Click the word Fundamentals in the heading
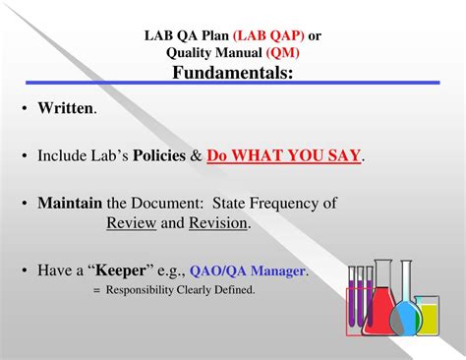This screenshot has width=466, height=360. pyautogui.click(x=233, y=73)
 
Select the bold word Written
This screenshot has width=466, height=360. pyautogui.click(x=66, y=108)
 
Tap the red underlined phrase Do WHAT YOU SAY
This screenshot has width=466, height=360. pyautogui.click(x=284, y=155)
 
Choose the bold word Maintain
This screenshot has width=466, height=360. pyautogui.click(x=70, y=204)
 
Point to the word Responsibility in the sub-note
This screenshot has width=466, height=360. pyautogui.click(x=144, y=289)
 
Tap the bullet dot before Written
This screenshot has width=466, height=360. pyautogui.click(x=23, y=108)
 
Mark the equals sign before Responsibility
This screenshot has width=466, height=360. pyautogui.click(x=97, y=289)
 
